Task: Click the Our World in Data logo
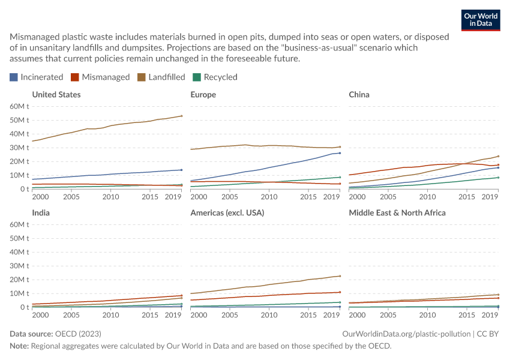pyautogui.click(x=481, y=20)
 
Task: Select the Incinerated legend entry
pyautogui.click(x=37, y=77)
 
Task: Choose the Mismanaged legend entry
pyautogui.click(x=100, y=77)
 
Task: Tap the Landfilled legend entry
pyautogui.click(x=161, y=77)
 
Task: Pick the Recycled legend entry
pyautogui.click(x=215, y=77)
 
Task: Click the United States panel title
pyautogui.click(x=56, y=95)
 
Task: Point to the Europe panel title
pyautogui.click(x=203, y=95)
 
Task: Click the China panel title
pyautogui.click(x=359, y=95)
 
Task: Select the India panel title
pyautogui.click(x=41, y=212)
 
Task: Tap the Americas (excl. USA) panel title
pyautogui.click(x=227, y=212)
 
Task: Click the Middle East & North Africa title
pyautogui.click(x=397, y=212)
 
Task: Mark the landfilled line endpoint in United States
pyautogui.click(x=181, y=116)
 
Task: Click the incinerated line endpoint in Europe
pyautogui.click(x=340, y=153)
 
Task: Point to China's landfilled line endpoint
pyautogui.click(x=498, y=156)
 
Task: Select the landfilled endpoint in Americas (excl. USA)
pyautogui.click(x=340, y=276)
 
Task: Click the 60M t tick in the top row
pyautogui.click(x=19, y=106)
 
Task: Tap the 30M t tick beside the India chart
pyautogui.click(x=19, y=266)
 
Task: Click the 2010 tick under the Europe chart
pyautogui.click(x=269, y=197)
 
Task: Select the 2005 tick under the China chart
pyautogui.click(x=388, y=197)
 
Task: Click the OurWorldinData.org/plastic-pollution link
pyautogui.click(x=406, y=334)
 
